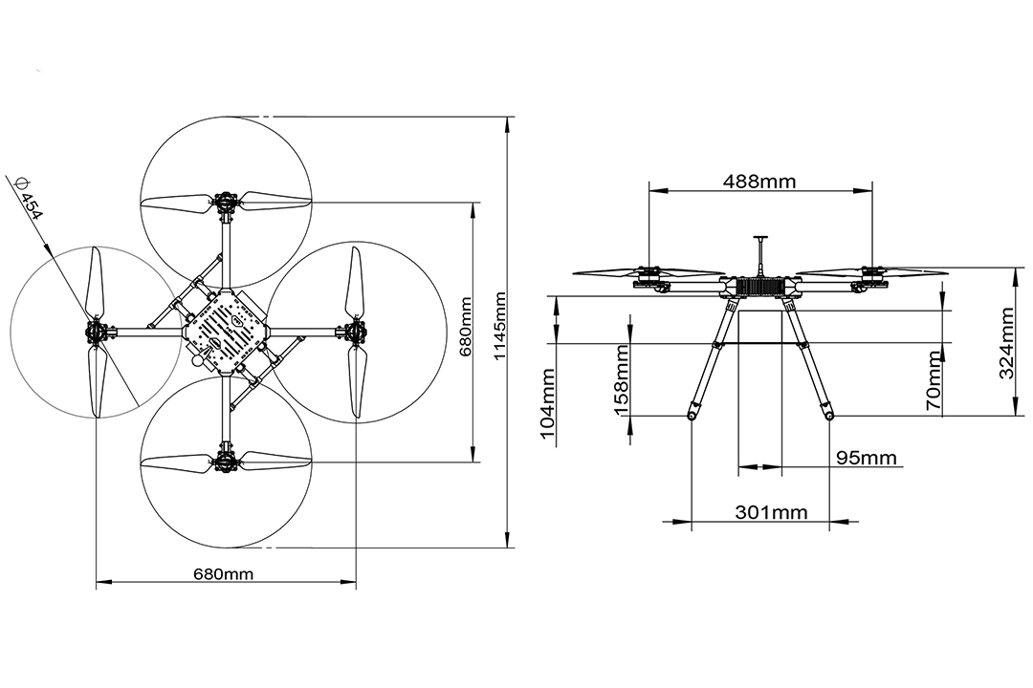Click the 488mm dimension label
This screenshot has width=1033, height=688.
759,181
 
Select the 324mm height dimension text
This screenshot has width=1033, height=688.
1007,342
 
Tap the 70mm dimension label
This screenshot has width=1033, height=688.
934,380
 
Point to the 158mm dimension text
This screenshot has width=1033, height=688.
623,379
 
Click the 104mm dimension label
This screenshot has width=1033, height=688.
548,403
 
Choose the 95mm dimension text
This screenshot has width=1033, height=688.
867,458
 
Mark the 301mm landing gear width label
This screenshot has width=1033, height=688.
771,512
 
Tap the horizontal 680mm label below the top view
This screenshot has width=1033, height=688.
223,574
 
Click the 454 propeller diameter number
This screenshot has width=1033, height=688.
32,205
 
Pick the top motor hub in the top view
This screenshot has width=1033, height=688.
226,202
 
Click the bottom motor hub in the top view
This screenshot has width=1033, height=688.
226,462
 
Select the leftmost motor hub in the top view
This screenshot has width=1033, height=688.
97,333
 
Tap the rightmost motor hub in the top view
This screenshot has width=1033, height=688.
355,332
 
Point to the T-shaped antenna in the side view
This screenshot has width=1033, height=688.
760,250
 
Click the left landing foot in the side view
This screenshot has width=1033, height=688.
691,416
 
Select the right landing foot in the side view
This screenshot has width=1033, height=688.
828,416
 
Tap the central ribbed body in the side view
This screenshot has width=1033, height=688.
760,287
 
